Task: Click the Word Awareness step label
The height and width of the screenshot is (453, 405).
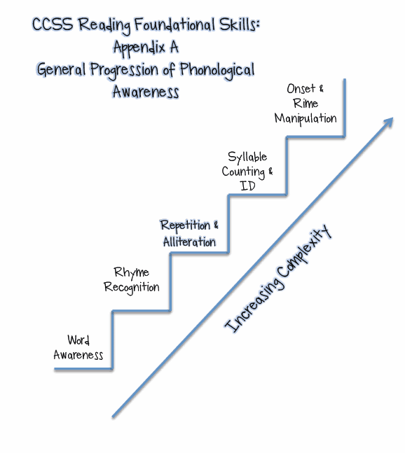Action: [x=78, y=347]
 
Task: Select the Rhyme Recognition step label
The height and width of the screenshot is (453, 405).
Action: [x=132, y=279]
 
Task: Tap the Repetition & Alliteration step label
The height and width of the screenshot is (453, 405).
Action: [x=189, y=233]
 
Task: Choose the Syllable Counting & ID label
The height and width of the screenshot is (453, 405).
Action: [x=247, y=172]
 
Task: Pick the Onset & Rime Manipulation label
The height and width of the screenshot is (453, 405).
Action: [x=306, y=104]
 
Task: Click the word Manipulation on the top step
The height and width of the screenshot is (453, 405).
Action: [x=306, y=118]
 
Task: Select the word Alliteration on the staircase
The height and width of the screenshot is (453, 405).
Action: [x=189, y=242]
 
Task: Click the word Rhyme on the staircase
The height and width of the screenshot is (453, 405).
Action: [x=132, y=272]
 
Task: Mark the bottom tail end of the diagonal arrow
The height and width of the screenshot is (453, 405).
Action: [x=114, y=416]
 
